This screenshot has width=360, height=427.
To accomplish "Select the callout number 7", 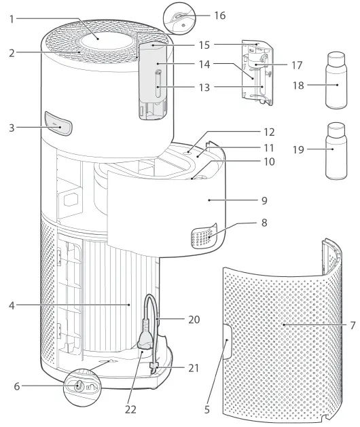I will pyautogui.click(x=353, y=324).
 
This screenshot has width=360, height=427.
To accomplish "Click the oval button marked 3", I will pyautogui.click(x=59, y=125).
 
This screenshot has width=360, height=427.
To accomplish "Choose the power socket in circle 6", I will pyautogui.click(x=80, y=386).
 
